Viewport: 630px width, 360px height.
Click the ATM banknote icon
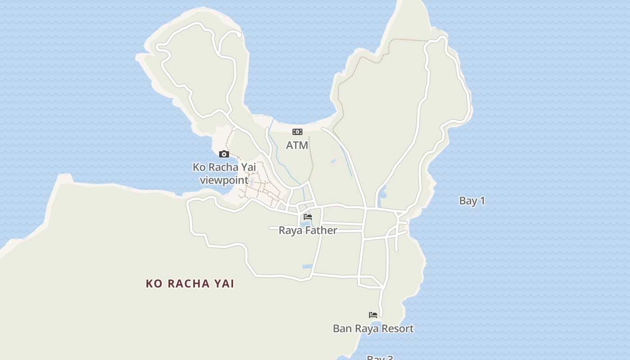(x=297, y=132)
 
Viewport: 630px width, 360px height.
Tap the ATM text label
(x=297, y=145)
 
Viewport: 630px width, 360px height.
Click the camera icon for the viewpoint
(x=224, y=154)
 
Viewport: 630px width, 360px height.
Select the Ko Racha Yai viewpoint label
(x=224, y=174)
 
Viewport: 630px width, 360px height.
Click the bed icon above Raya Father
(x=308, y=217)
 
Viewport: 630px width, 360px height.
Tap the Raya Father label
(x=308, y=230)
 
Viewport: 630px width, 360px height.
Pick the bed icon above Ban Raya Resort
(x=373, y=315)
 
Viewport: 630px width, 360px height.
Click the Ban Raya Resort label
(x=373, y=328)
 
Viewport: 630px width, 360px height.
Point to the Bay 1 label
(x=472, y=201)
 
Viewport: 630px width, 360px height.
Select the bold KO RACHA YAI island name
(x=190, y=283)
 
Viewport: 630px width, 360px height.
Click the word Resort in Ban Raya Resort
(x=396, y=328)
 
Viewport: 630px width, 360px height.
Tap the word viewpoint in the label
(x=224, y=180)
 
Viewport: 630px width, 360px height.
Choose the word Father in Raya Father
(x=320, y=230)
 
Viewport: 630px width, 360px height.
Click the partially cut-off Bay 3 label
(x=380, y=358)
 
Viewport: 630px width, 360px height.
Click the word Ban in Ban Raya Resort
(x=342, y=328)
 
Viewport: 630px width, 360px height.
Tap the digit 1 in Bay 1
(x=482, y=201)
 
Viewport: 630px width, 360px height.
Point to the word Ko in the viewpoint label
(x=199, y=167)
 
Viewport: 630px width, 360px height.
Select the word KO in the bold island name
(x=153, y=283)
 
